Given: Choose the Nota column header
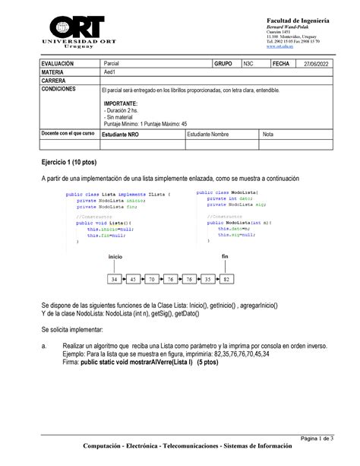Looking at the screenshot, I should click(268, 134).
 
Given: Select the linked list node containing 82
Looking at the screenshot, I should click(226, 280).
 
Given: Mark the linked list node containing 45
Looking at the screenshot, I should click(134, 280).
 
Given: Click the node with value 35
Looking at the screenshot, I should click(207, 280).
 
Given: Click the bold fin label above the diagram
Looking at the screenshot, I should click(226, 257).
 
